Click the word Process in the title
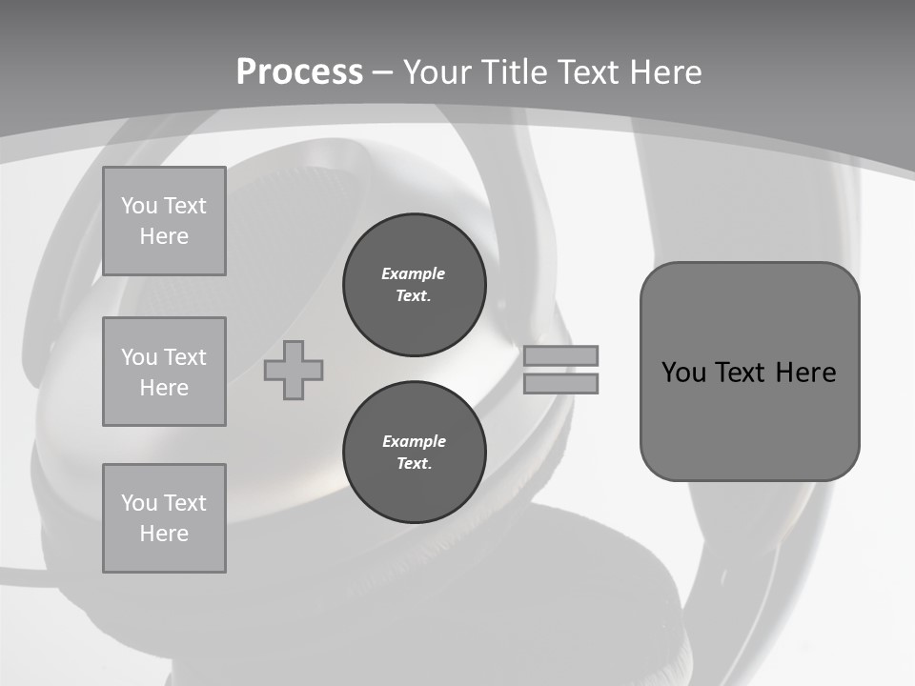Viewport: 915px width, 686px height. point(299,72)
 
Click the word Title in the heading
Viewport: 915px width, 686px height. point(520,72)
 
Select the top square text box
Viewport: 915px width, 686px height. point(164,221)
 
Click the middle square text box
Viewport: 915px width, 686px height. point(164,372)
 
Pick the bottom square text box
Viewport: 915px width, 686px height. point(164,518)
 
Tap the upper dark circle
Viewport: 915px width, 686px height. point(415,285)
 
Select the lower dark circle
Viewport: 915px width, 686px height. point(415,453)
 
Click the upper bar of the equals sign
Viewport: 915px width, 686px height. point(560,356)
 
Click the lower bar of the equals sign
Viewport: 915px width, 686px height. point(560,384)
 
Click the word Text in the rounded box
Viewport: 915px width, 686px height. point(743,373)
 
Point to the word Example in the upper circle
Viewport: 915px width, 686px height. point(414,273)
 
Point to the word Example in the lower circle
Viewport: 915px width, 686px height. point(414,441)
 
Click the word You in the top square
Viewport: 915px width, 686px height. point(139,206)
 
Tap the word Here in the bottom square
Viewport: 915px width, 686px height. point(164,534)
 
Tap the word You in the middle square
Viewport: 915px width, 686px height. point(139,357)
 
